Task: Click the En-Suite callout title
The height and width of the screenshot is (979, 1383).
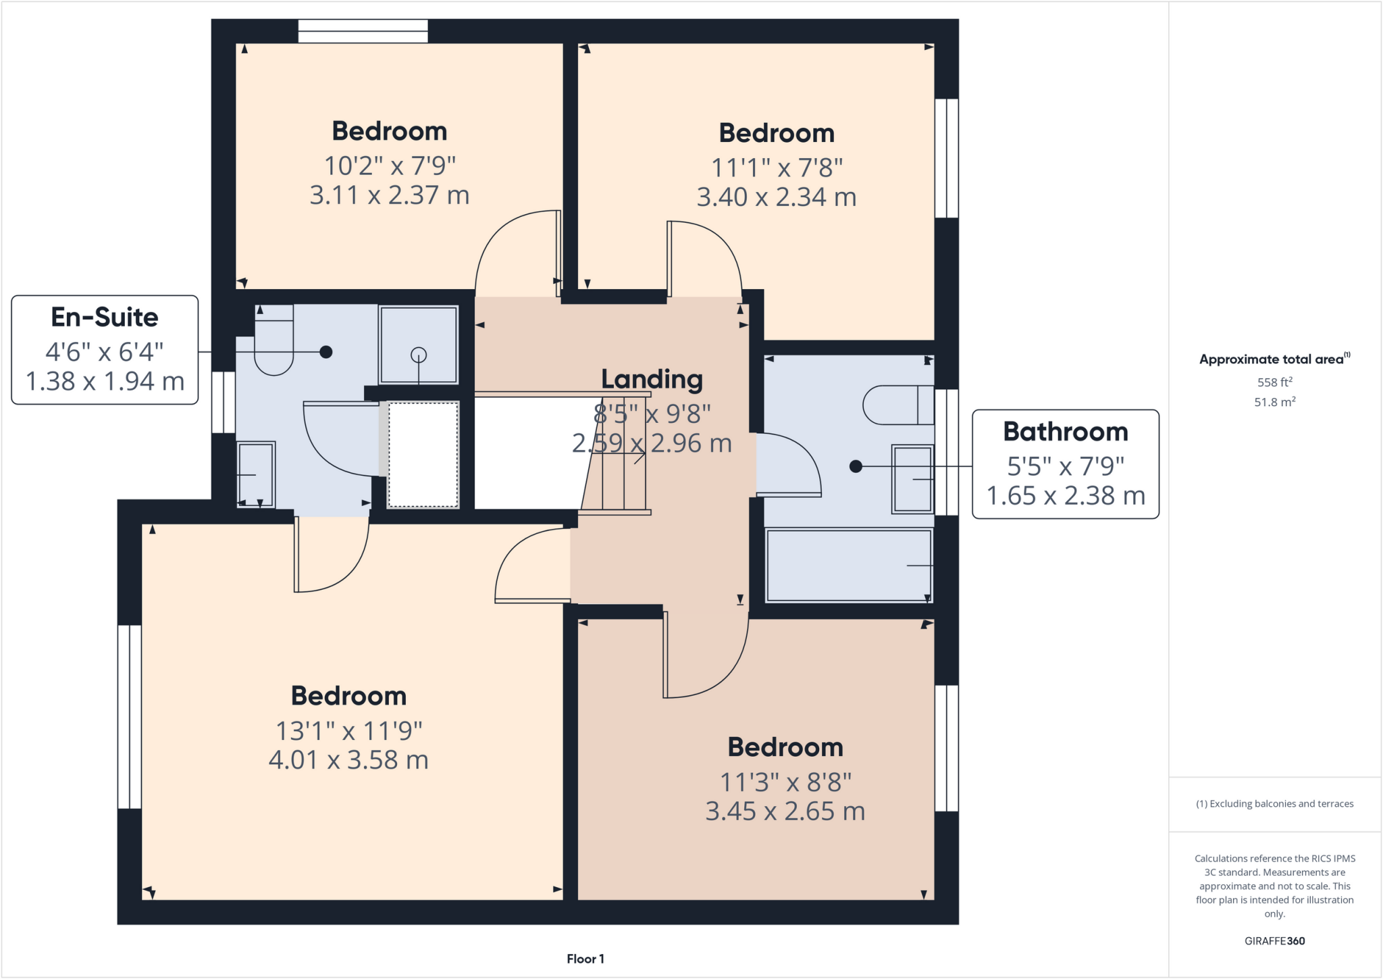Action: point(105,318)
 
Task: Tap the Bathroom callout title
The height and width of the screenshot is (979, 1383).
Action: point(1065,432)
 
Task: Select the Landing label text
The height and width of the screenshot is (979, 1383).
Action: point(652,380)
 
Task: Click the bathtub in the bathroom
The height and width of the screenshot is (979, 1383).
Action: point(848,566)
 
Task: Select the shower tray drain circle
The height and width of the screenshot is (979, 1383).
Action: point(419,354)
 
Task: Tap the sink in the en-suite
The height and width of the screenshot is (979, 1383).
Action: point(255,474)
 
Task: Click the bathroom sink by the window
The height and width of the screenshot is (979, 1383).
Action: point(912,478)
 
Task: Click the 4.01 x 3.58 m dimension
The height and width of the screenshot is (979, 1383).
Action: point(348,760)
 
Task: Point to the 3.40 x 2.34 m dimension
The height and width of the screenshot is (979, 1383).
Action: point(777,197)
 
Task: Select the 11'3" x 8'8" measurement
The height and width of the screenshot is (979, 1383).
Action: point(785,782)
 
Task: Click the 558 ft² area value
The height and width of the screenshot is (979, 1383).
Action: point(1274,382)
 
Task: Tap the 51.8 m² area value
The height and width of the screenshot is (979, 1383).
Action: point(1274,402)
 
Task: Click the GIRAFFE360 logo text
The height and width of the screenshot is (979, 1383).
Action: point(1274,940)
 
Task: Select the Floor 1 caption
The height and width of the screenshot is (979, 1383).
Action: point(585,959)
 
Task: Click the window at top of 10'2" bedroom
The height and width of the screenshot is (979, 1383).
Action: point(363,31)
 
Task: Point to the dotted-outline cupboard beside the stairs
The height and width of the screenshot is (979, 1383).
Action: point(423,455)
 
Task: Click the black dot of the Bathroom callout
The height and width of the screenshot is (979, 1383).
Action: point(856,466)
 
